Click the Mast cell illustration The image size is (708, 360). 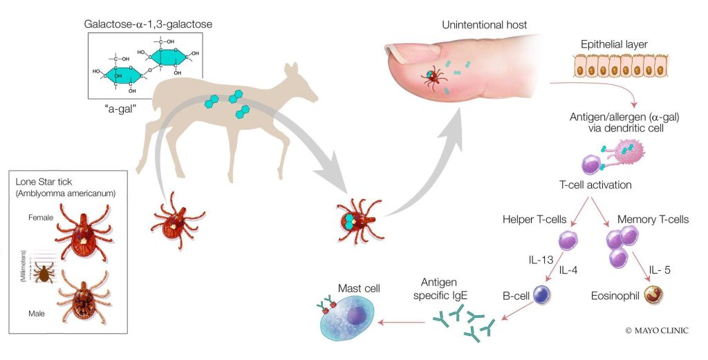pyautogui.click(x=353, y=319)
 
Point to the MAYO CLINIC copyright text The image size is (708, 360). pyautogui.click(x=656, y=330)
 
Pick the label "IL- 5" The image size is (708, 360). pyautogui.click(x=662, y=269)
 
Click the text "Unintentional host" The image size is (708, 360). pyautogui.click(x=484, y=26)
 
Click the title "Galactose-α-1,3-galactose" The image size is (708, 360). pyautogui.click(x=149, y=23)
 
